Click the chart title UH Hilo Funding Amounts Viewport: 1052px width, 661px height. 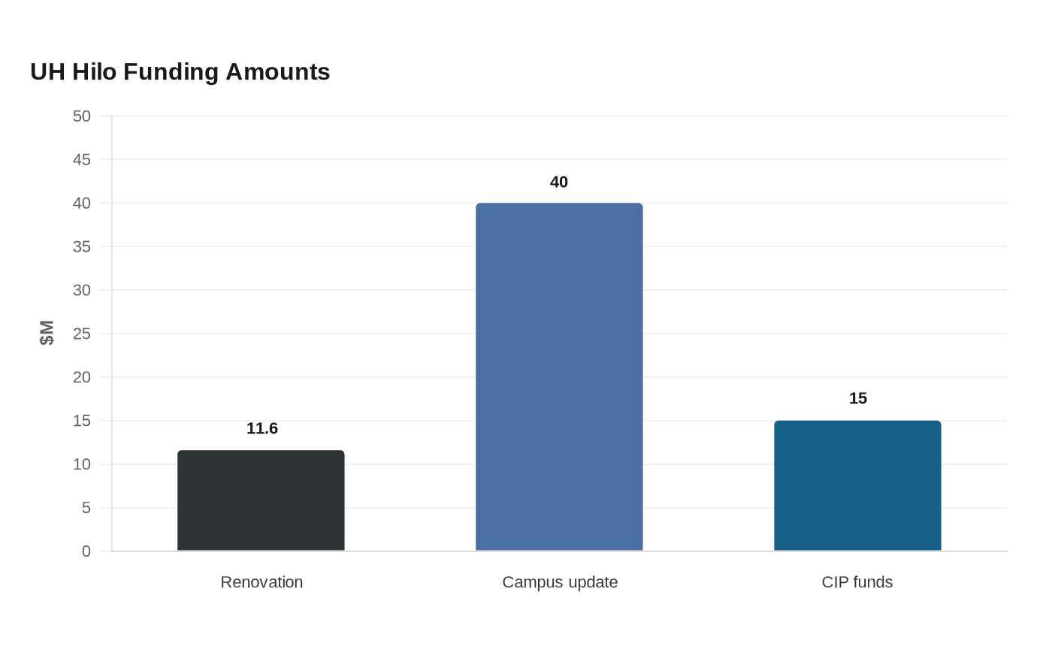pyautogui.click(x=180, y=72)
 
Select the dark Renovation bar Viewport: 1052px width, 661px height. pyautogui.click(x=261, y=500)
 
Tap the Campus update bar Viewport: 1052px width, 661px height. pyautogui.click(x=559, y=376)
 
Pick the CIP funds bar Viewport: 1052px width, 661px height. pyautogui.click(x=857, y=485)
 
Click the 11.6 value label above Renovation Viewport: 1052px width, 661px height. pyautogui.click(x=262, y=428)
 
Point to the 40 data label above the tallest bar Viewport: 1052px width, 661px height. pyautogui.click(x=559, y=182)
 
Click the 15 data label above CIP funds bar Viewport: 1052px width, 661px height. pyautogui.click(x=858, y=399)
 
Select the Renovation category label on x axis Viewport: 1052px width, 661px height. pyautogui.click(x=261, y=582)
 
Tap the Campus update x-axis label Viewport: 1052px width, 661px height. pyautogui.click(x=560, y=583)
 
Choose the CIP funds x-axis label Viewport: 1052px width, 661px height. pyautogui.click(x=857, y=582)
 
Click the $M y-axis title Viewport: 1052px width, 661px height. pyautogui.click(x=47, y=333)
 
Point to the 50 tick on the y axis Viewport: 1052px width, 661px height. pyautogui.click(x=82, y=116)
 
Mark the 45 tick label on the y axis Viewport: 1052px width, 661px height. pyautogui.click(x=82, y=159)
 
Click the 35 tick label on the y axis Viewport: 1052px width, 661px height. pyautogui.click(x=82, y=246)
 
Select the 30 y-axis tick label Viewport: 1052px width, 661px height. pyautogui.click(x=82, y=290)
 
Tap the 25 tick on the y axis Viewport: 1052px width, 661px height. pyautogui.click(x=82, y=334)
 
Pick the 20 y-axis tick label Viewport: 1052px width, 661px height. pyautogui.click(x=82, y=377)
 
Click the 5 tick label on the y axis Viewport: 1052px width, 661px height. pyautogui.click(x=86, y=508)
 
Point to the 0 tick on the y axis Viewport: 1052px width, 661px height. pyautogui.click(x=86, y=551)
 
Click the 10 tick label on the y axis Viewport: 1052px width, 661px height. pyautogui.click(x=82, y=464)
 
